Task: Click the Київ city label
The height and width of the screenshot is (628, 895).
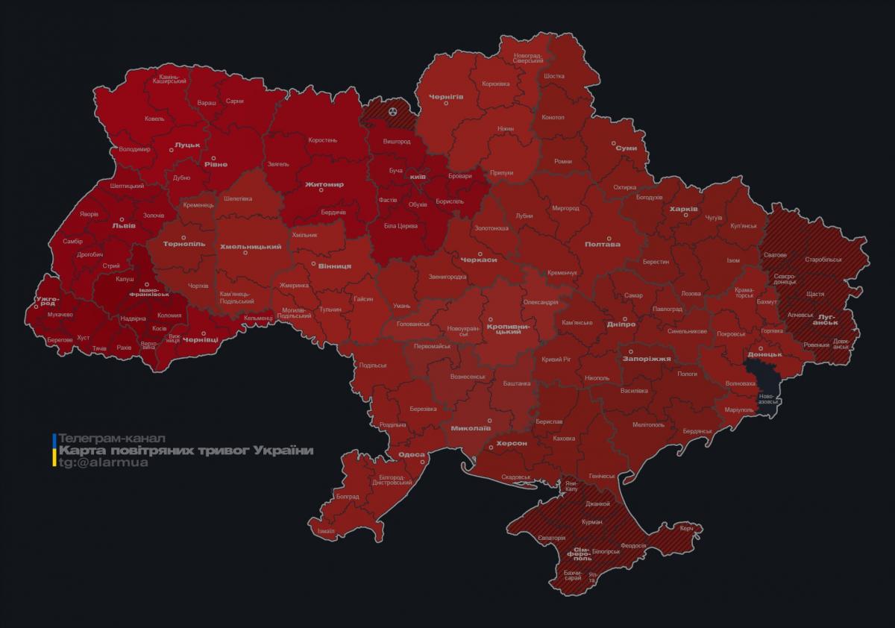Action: pos(418,177)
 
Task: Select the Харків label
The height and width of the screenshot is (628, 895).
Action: pos(683,209)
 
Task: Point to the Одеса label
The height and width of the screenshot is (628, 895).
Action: pos(411,454)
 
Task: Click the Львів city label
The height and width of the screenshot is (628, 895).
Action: pos(123,224)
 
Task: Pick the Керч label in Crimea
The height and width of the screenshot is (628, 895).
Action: pos(686,528)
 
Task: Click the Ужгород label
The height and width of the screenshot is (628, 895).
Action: pos(45,301)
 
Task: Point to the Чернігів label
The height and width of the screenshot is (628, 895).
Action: pos(446,96)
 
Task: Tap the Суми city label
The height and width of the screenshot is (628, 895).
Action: pos(626,148)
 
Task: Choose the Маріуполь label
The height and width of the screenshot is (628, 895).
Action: pos(738,410)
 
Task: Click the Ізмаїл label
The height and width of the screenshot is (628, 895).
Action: pos(326,530)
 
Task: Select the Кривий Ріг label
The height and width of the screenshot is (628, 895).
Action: pos(556,359)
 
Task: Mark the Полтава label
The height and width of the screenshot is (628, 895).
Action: pos(603,244)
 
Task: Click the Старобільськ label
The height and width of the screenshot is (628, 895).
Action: pos(823,260)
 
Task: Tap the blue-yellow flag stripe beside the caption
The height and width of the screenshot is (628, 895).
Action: pos(54,450)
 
